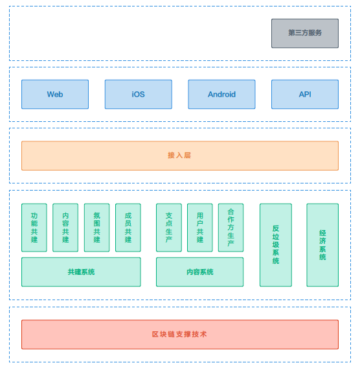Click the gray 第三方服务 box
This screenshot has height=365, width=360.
[305, 33]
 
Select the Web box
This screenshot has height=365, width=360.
[55, 94]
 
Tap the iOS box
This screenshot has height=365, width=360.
[139, 94]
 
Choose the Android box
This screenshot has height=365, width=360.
[221, 94]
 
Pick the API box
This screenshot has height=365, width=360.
[305, 94]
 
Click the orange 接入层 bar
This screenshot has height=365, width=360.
[180, 156]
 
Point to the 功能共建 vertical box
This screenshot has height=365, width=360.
[34, 228]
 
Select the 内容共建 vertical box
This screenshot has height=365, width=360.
[65, 228]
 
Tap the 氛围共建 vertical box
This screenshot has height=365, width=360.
[96, 228]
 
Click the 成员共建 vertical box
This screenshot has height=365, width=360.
[128, 228]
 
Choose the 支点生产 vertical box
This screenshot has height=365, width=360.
[169, 228]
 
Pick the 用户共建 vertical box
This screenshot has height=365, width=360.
[200, 228]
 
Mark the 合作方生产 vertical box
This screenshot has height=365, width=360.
[231, 228]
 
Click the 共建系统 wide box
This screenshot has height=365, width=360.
[81, 272]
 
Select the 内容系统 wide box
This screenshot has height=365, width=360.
[200, 272]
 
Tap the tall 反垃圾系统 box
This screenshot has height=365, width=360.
[276, 245]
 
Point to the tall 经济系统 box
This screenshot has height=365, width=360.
[322, 245]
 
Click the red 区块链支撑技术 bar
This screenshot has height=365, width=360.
[180, 335]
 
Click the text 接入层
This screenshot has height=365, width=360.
[179, 155]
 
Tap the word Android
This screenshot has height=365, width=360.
[221, 94]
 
